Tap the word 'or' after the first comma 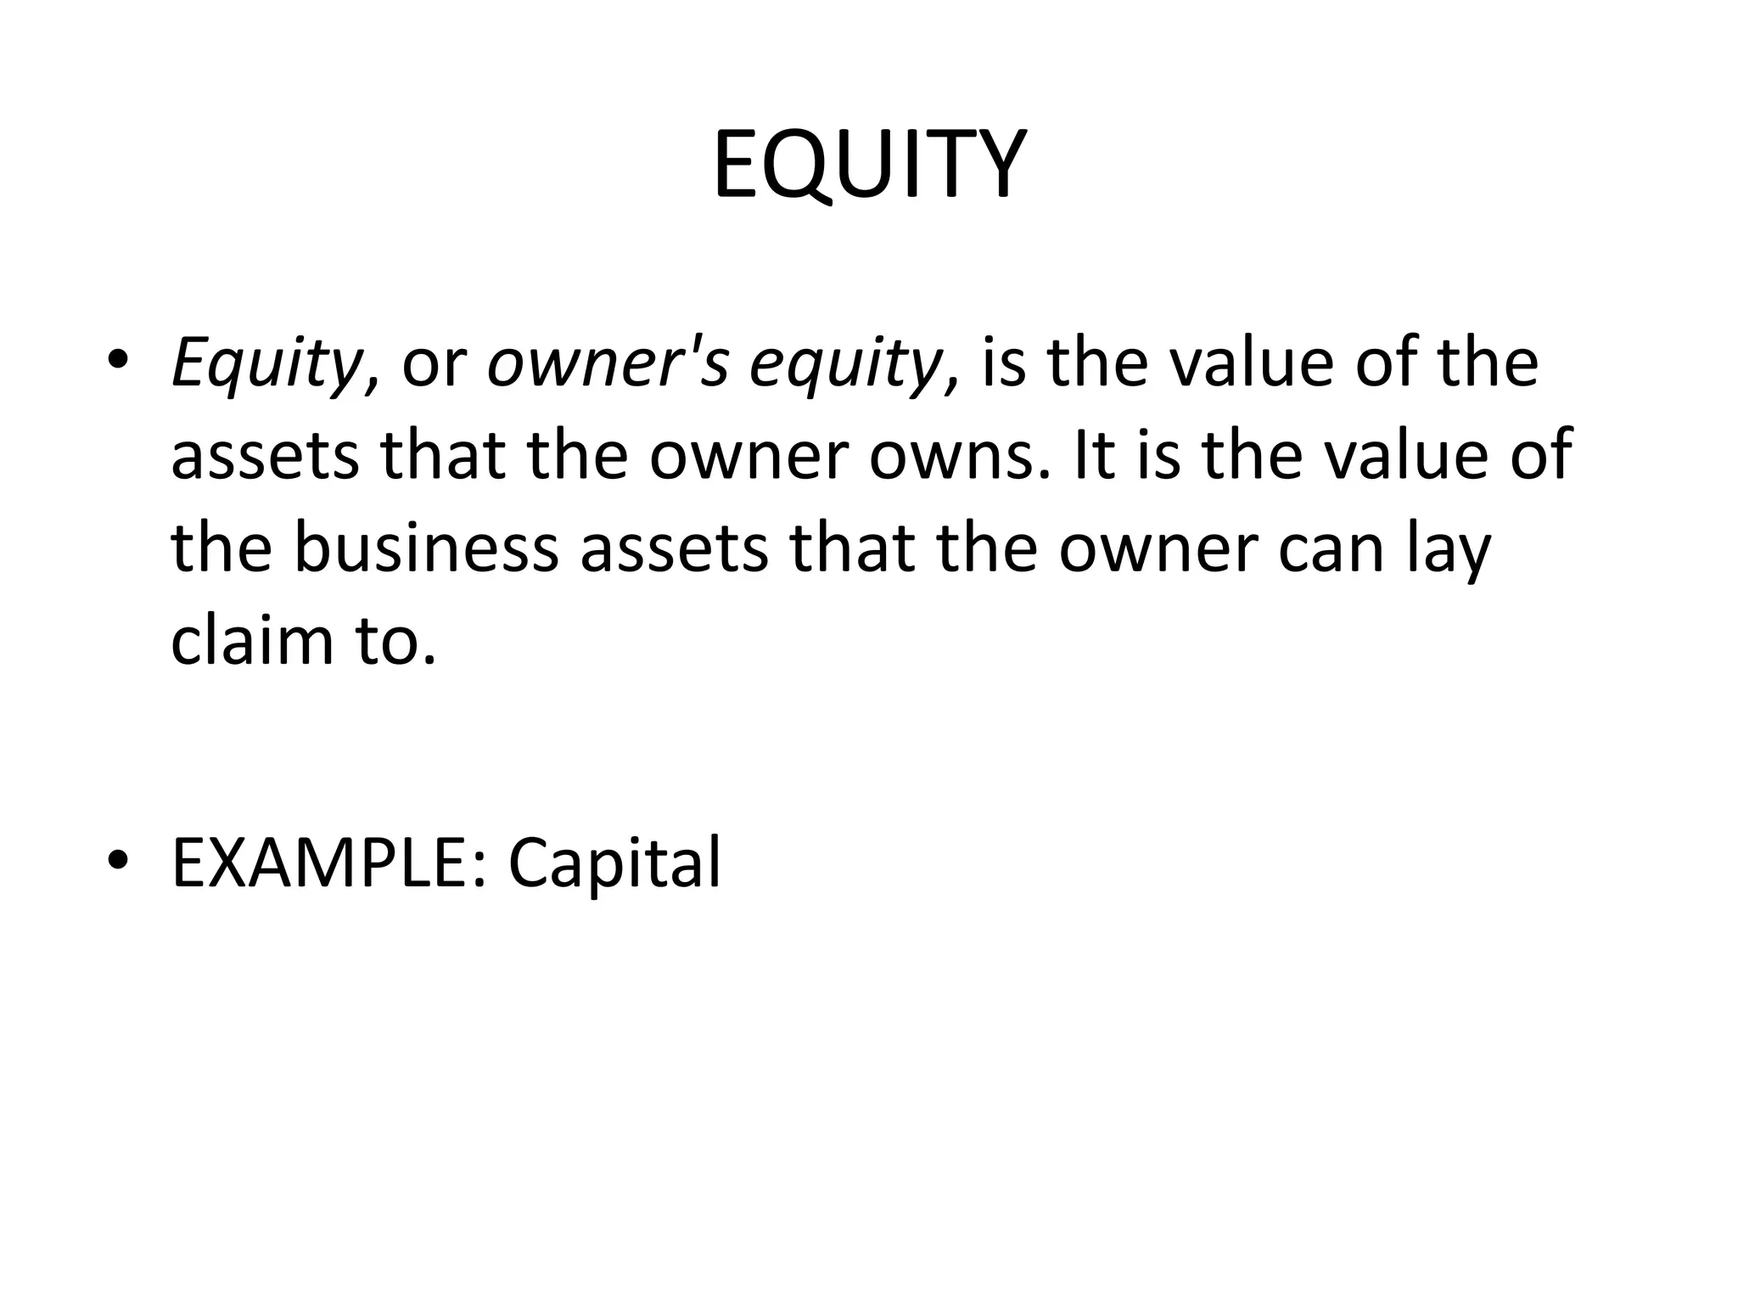pyautogui.click(x=434, y=365)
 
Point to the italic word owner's pyautogui.click(x=608, y=363)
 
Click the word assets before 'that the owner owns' pyautogui.click(x=266, y=456)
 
